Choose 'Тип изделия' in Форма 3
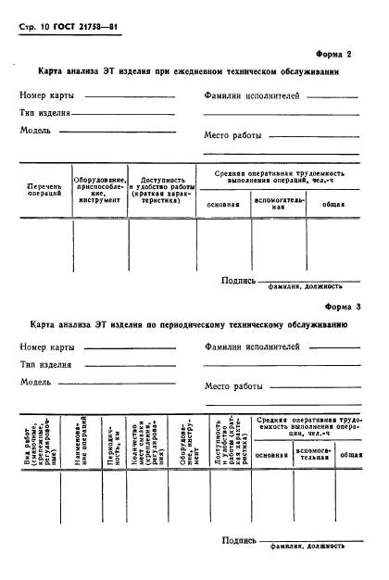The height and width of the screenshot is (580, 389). (x=46, y=364)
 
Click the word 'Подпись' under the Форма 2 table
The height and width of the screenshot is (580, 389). (x=238, y=280)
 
